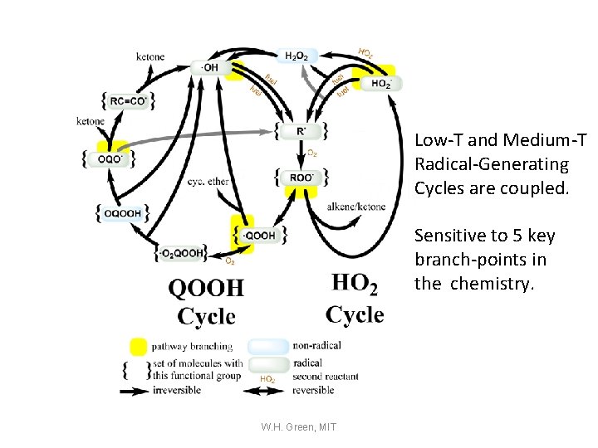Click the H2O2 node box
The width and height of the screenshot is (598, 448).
coord(297,55)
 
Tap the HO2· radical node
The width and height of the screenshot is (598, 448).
coord(383,83)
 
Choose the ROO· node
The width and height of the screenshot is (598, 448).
coord(301,177)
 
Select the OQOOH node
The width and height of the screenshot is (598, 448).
coord(121,212)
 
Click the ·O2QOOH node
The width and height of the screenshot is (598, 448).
coord(181,251)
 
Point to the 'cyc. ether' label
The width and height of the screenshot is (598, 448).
coord(208,181)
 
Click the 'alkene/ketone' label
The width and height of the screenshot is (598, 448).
coord(357,207)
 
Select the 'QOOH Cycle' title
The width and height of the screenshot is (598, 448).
coord(207,301)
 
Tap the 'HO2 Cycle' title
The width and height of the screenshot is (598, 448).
coord(355,299)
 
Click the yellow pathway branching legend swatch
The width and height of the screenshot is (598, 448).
coord(139,346)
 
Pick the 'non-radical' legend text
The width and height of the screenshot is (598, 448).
coord(316,346)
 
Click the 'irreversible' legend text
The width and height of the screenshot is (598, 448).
coord(177,391)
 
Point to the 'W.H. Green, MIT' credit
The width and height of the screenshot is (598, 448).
coord(298,426)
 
